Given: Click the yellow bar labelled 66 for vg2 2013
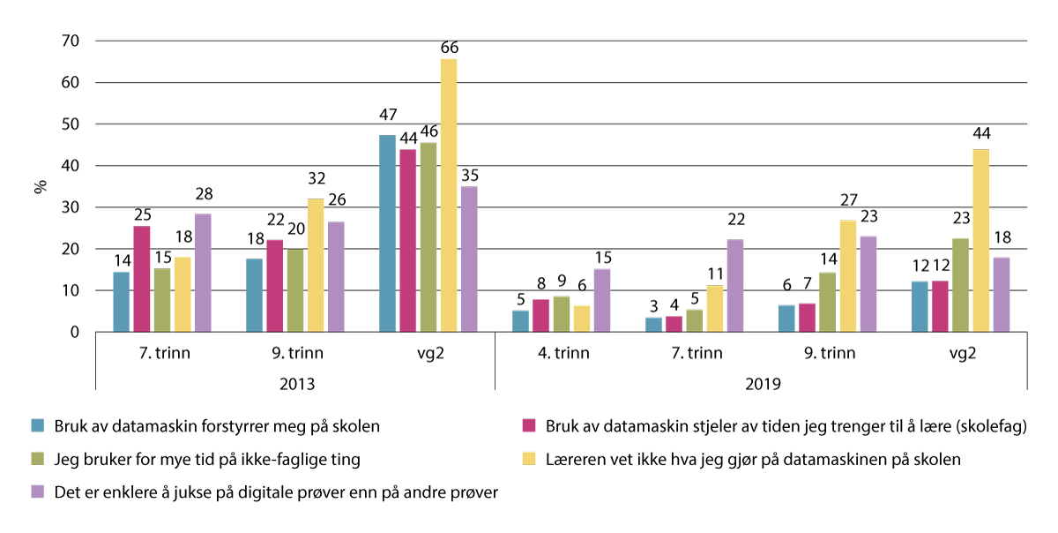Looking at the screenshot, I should pyautogui.click(x=449, y=195).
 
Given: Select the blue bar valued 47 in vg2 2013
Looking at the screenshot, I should pyautogui.click(x=386, y=234).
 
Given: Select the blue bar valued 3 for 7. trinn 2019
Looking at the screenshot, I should pyautogui.click(x=653, y=325).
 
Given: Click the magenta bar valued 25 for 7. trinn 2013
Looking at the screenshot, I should pyautogui.click(x=141, y=279).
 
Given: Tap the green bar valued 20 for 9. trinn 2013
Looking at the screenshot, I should pyautogui.click(x=295, y=290).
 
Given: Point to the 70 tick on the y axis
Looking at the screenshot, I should pyautogui.click(x=70, y=41).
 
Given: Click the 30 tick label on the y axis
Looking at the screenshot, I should pyautogui.click(x=70, y=208).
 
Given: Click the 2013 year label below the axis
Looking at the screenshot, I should pyautogui.click(x=294, y=385).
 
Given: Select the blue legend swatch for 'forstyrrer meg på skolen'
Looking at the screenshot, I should pyautogui.click(x=38, y=426).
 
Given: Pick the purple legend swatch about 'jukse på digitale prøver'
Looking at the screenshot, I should pyautogui.click(x=38, y=492).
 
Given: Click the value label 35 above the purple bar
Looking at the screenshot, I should pyautogui.click(x=468, y=173).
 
